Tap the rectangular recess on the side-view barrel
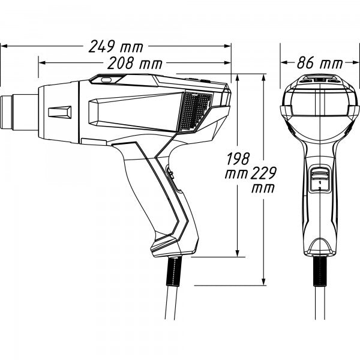point(59,112)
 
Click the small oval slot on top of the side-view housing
point(106,79)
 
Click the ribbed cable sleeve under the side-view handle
point(174,273)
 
